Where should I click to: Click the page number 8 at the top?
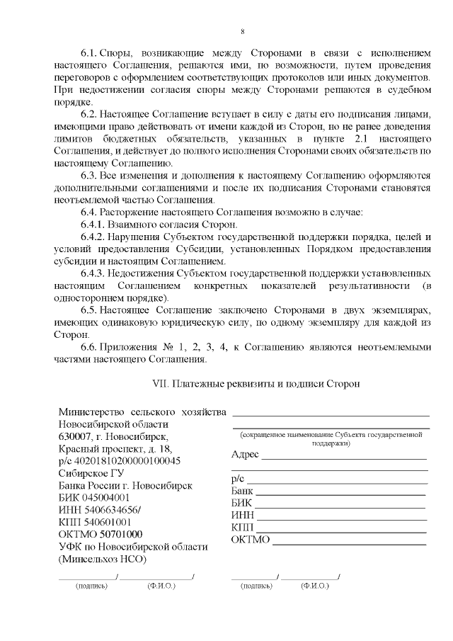[243, 31]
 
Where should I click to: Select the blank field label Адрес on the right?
[245, 454]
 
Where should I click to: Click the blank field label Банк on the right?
[243, 491]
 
